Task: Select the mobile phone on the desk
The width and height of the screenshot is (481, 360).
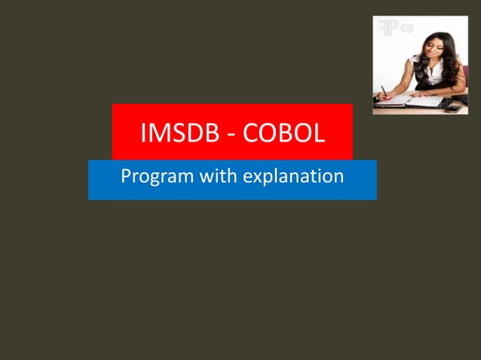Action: pos(453,108)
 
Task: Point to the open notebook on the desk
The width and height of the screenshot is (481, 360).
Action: pos(411,101)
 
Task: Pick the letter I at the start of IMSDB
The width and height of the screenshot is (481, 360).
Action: pos(143,136)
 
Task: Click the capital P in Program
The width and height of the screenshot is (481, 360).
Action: pos(126,177)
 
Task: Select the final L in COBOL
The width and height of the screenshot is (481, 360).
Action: pos(319,136)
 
